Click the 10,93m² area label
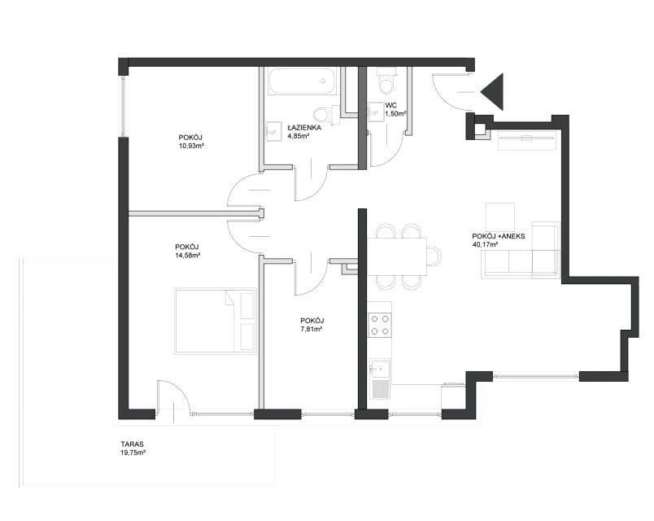click(x=191, y=146)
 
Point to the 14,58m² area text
click(x=188, y=256)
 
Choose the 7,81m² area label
click(x=312, y=329)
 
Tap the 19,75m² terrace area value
click(x=133, y=453)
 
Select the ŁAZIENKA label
click(x=304, y=128)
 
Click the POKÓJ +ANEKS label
click(x=499, y=236)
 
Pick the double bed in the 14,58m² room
click(x=216, y=321)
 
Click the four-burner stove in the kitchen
click(x=380, y=325)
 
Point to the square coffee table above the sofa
click(x=499, y=217)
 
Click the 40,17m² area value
click(x=485, y=245)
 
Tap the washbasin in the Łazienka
click(x=273, y=131)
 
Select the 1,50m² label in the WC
click(x=395, y=113)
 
